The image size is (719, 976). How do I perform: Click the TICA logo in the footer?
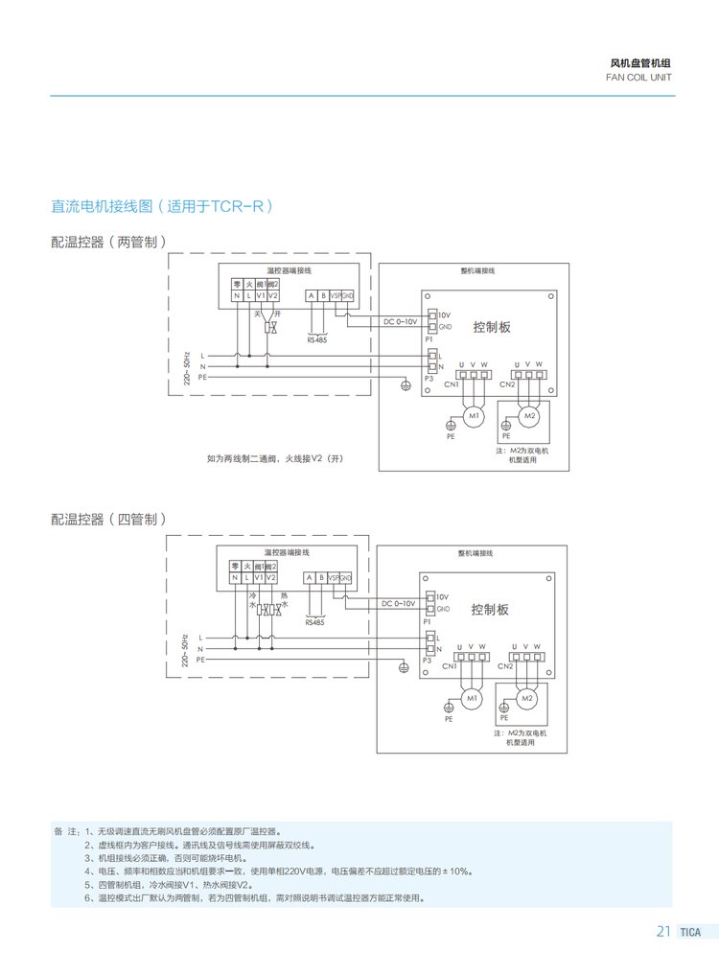click(690, 932)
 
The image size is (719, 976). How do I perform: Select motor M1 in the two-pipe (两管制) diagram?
click(473, 415)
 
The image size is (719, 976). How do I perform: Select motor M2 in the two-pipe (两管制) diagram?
click(527, 415)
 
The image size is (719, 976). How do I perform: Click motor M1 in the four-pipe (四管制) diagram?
click(472, 699)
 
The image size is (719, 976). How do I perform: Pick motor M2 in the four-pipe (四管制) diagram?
click(526, 699)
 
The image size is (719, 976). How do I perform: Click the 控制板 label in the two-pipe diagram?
click(492, 327)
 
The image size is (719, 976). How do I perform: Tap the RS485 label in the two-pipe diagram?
click(316, 340)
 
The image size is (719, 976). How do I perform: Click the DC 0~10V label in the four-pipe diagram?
click(398, 604)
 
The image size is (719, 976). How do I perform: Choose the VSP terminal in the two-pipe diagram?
click(335, 295)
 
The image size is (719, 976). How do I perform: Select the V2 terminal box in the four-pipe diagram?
click(271, 577)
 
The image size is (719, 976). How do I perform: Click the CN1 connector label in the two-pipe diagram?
click(451, 384)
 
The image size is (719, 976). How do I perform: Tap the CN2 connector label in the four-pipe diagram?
click(505, 665)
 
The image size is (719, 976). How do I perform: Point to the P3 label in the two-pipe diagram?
click(429, 379)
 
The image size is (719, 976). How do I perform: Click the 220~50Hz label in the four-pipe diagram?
click(189, 647)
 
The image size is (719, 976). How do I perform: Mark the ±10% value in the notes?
click(457, 871)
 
